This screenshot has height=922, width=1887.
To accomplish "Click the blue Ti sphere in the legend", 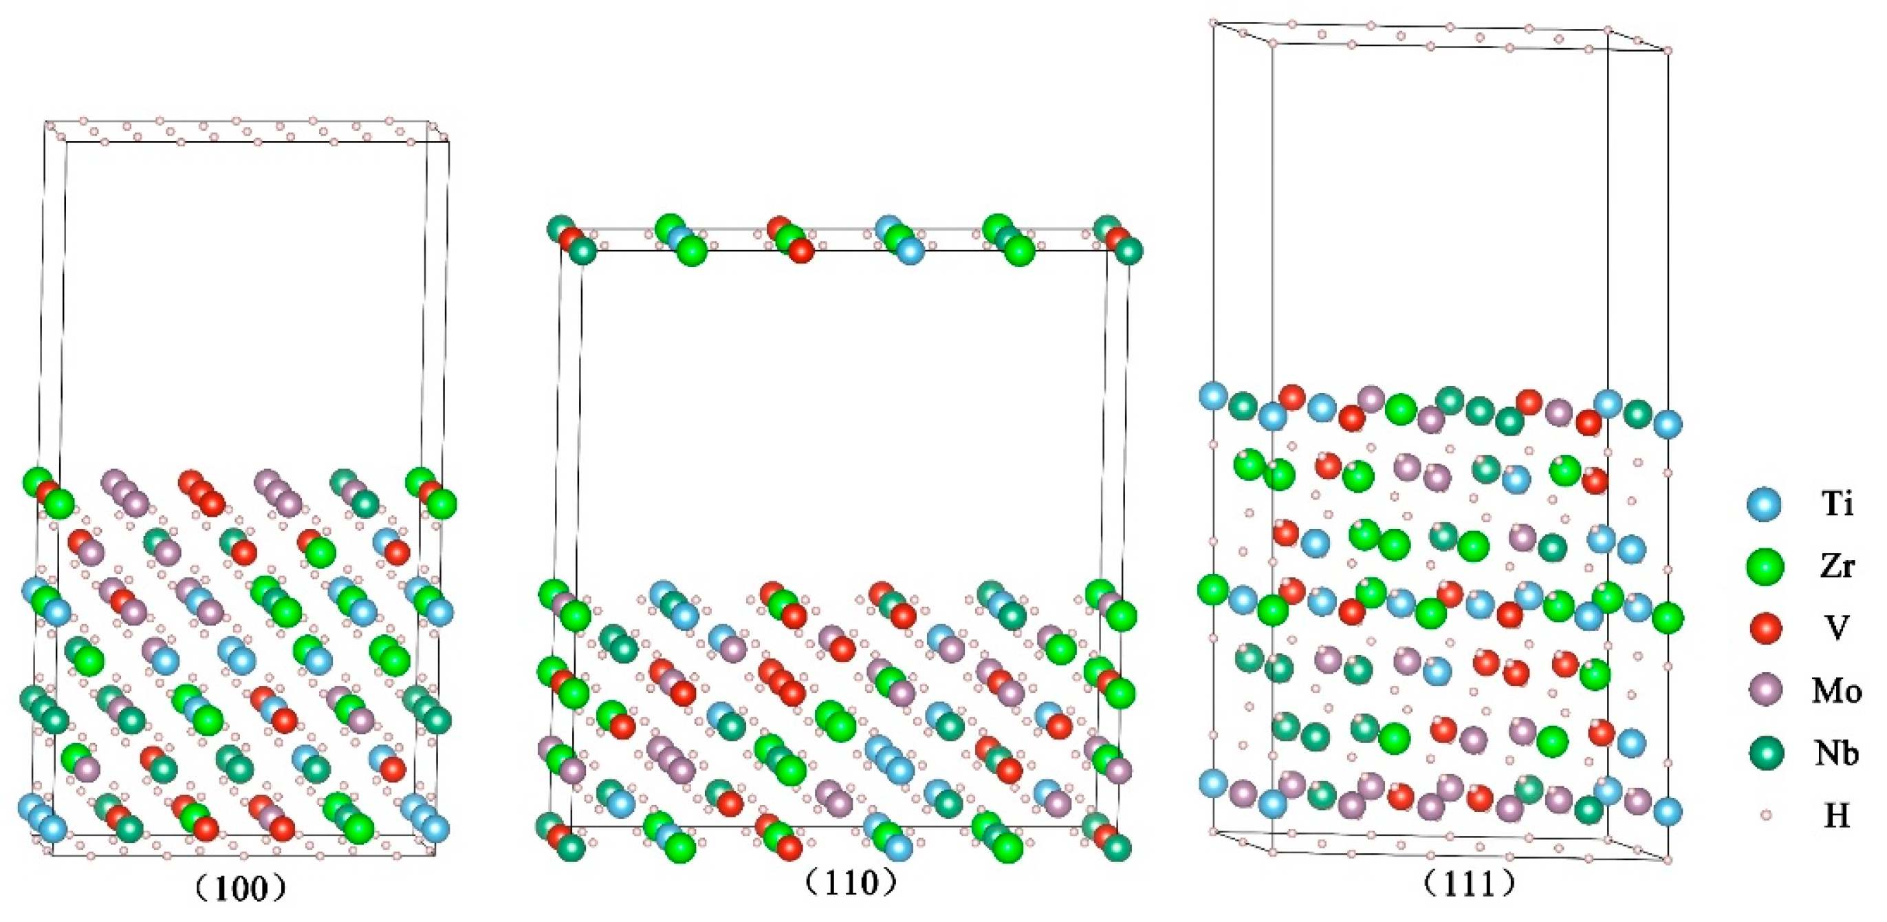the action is (1765, 505).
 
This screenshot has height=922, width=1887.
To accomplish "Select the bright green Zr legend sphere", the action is (1765, 566).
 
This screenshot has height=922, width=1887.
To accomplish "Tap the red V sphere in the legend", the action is (1765, 628).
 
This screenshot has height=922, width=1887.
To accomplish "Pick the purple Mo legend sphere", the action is (1765, 690).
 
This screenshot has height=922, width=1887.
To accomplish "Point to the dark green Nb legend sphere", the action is (1765, 753).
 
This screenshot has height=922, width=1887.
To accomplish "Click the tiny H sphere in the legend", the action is (1765, 814).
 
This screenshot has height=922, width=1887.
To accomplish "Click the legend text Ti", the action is (1837, 504).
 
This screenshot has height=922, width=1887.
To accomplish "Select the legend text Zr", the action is (1837, 566).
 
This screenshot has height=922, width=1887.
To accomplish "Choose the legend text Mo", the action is (1837, 690).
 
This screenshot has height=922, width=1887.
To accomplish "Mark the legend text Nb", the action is (1837, 753).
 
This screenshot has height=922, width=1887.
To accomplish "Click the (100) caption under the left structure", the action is (239, 889).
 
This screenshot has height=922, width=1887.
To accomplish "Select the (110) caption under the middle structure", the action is (851, 883).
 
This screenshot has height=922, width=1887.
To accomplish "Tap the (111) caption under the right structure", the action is (1470, 885).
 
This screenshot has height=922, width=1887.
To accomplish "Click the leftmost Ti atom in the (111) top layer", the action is (1213, 396).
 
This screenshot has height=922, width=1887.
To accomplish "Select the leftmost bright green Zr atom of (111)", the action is (1212, 589).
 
